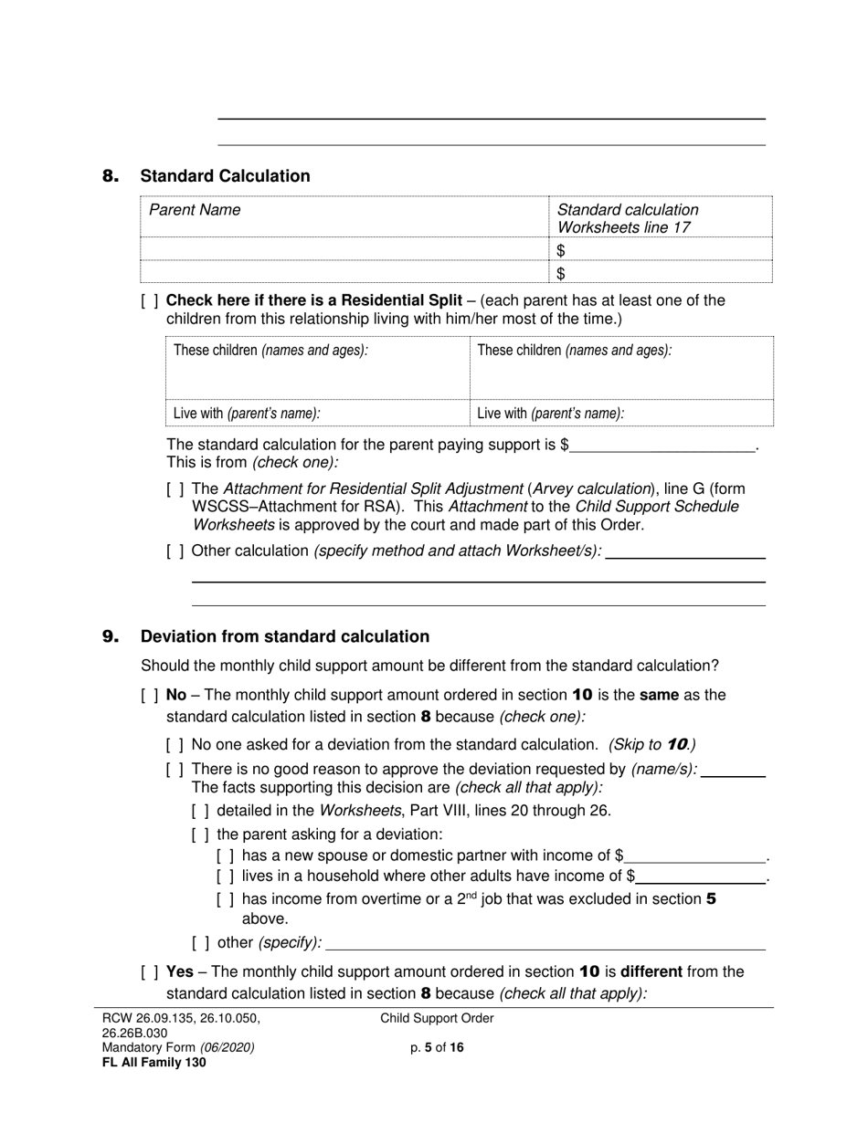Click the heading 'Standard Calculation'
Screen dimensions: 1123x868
(x=225, y=176)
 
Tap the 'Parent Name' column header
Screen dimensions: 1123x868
(x=195, y=210)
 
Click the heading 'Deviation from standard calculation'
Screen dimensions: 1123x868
(x=284, y=636)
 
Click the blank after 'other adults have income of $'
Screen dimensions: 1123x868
(x=701, y=877)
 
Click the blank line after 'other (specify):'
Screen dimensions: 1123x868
(x=545, y=943)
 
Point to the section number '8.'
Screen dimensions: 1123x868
(x=111, y=176)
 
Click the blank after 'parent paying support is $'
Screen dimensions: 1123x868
(x=664, y=446)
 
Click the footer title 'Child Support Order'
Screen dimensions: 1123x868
(x=437, y=1019)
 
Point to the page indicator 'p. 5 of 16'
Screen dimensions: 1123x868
(x=437, y=1048)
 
